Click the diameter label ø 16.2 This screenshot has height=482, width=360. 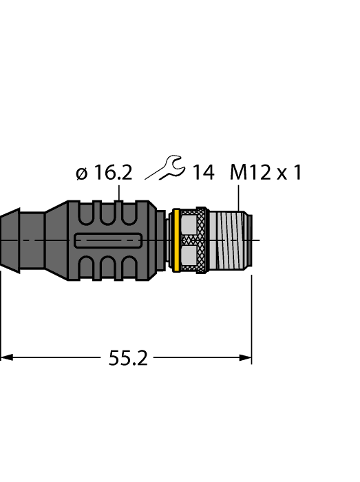pos(103,173)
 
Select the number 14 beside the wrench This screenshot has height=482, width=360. pos(203,172)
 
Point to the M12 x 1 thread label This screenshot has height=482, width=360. pos(266,172)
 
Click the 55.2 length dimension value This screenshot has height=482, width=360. pos(128,358)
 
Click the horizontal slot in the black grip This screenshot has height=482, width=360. pos(108,240)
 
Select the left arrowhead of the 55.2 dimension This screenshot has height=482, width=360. pos(6,357)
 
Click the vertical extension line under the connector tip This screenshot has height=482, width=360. pos(252,317)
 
